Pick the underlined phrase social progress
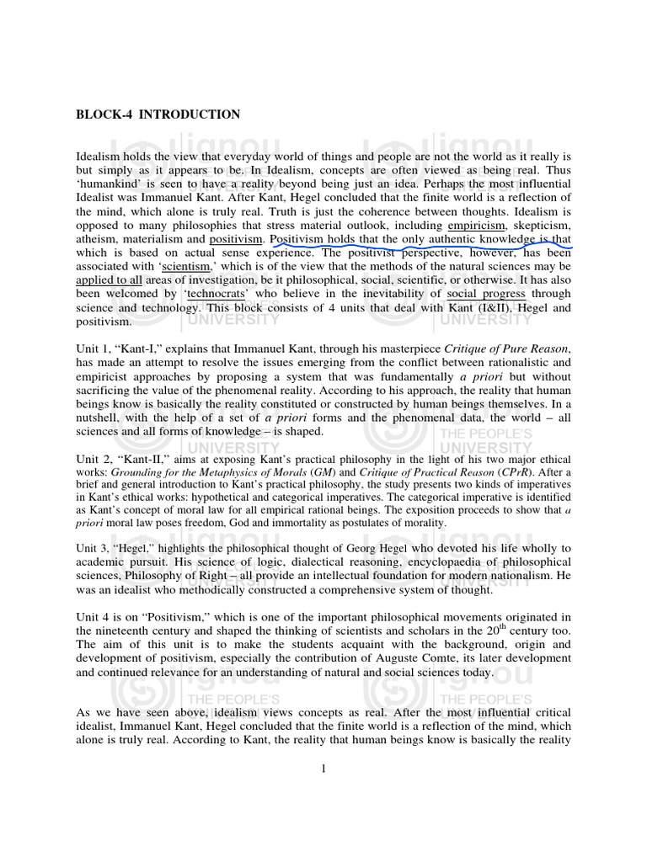point(486,294)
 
